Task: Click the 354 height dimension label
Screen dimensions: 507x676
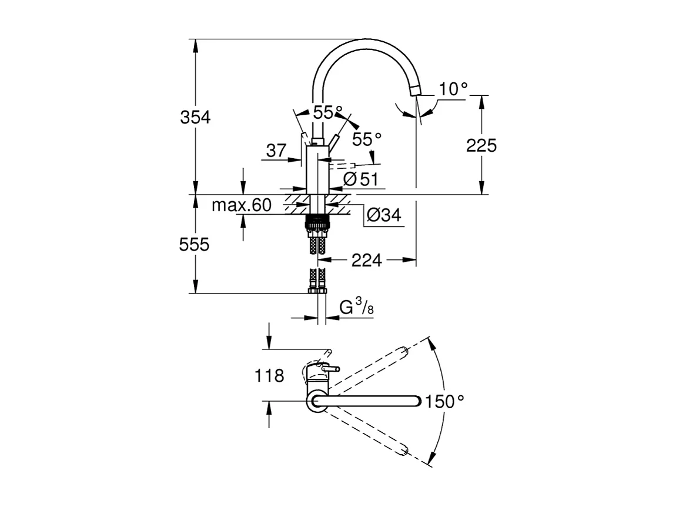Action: point(195,117)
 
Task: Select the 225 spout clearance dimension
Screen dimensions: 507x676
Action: point(481,145)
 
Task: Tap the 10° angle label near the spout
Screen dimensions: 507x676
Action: point(453,89)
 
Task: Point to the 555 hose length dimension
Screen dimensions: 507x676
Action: point(195,244)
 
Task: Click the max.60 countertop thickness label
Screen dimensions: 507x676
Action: point(242,205)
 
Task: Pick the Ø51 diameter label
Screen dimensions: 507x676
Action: point(360,180)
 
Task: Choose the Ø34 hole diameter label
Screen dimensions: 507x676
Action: point(383,216)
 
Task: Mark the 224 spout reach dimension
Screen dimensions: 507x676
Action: point(367,259)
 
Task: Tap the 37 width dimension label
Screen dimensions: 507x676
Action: point(276,151)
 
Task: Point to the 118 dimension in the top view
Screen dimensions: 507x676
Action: point(270,376)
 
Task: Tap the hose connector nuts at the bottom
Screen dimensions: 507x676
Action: point(317,289)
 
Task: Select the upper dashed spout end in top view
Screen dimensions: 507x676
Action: point(404,351)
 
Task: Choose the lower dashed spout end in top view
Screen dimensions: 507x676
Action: point(404,451)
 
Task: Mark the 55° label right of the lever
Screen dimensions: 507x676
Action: point(367,139)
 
